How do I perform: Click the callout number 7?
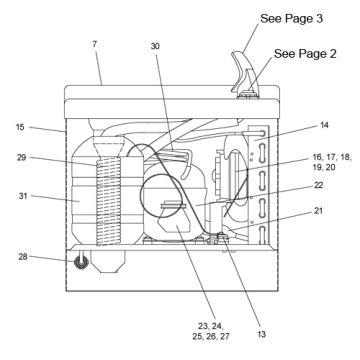[95, 44]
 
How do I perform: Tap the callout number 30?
[155, 46]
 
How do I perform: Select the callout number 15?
[20, 127]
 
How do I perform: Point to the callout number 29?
[22, 157]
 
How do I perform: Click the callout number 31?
[23, 196]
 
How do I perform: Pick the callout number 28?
[23, 257]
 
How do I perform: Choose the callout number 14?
[324, 125]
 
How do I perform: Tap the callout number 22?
[318, 185]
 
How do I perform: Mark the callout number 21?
[318, 211]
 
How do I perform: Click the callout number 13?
[262, 334]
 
